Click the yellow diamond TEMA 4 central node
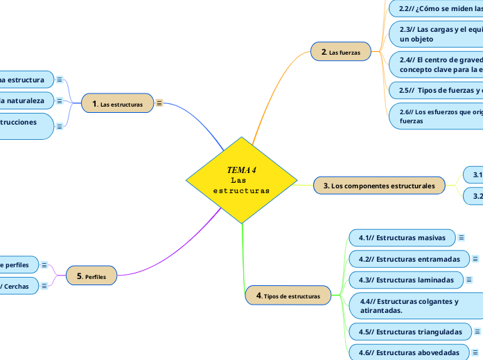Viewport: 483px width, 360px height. coord(241,180)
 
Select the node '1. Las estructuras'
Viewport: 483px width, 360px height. coord(117,104)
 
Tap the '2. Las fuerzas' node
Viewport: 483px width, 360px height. coord(341,51)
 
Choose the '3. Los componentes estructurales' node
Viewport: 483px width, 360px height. coord(379,186)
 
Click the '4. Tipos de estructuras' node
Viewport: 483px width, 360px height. coord(288,296)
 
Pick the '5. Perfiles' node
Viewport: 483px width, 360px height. coord(91,276)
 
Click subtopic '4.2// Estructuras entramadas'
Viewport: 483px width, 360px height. coord(408,259)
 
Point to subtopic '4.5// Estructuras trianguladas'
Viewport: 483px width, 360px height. coord(410,331)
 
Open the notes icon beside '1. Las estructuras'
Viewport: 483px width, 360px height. coord(159,104)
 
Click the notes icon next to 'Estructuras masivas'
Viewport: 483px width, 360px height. coord(462,237)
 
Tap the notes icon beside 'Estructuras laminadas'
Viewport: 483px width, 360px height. coord(469,280)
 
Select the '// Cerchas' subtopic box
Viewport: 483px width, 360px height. coord(17,286)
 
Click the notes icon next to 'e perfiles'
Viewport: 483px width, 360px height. coord(44,264)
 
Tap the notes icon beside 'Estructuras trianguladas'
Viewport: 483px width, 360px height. coord(477,331)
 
